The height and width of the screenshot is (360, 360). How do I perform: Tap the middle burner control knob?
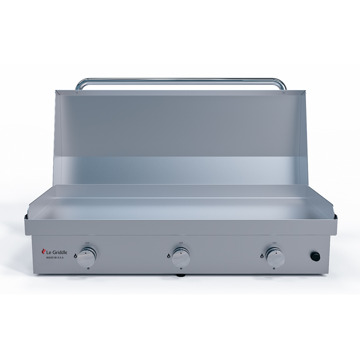click(x=180, y=257)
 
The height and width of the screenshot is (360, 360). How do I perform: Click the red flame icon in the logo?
click(x=44, y=252)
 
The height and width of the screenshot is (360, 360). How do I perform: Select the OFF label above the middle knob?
click(x=180, y=243)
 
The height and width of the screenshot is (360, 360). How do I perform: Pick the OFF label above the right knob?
click(x=274, y=243)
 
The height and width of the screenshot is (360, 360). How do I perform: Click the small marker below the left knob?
click(x=88, y=269)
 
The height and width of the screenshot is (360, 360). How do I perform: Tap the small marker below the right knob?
click(x=274, y=269)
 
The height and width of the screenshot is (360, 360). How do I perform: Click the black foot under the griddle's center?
click(x=180, y=275)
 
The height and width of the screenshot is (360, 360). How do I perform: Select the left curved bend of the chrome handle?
click(x=80, y=83)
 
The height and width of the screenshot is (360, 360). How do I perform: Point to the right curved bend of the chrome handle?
click(x=281, y=83)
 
